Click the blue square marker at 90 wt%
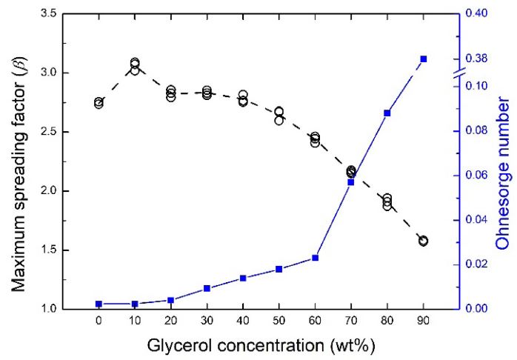point(423,59)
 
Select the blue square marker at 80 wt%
point(387,113)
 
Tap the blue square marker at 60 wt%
point(315,258)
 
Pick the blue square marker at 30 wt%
point(207,288)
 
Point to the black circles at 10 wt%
point(135,66)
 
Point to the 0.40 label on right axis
point(482,14)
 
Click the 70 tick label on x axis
point(350,324)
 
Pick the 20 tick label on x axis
point(170,324)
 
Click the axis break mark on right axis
point(459,73)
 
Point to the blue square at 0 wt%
point(99,304)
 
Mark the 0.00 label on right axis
point(482,309)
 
